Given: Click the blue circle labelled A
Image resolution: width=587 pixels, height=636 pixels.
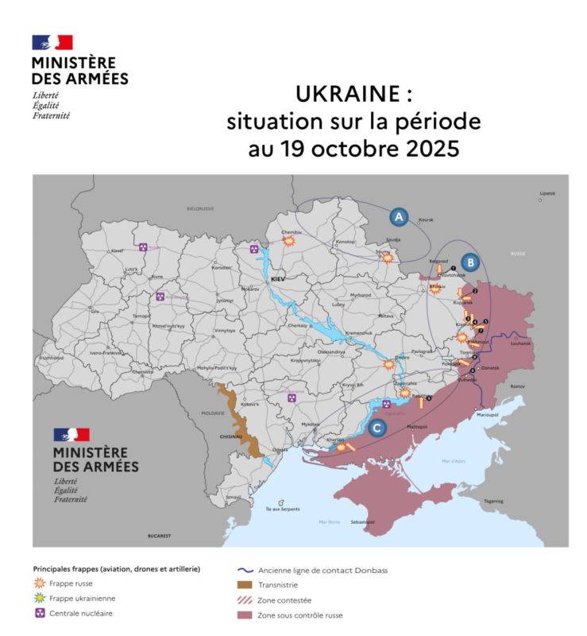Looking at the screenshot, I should [x=399, y=215].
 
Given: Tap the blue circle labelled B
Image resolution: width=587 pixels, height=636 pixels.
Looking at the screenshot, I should [x=470, y=261].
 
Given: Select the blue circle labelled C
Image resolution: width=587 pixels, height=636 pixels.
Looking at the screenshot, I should [x=378, y=429].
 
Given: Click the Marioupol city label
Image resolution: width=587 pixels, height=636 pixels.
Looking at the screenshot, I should [x=486, y=415].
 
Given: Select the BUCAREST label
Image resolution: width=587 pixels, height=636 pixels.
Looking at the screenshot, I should [x=159, y=537].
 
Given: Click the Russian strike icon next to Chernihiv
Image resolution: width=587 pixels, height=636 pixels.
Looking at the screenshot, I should [x=290, y=238].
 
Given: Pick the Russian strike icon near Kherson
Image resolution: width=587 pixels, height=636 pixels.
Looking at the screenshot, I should [x=342, y=448].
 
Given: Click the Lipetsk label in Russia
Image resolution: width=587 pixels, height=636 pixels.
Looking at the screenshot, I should [x=547, y=193].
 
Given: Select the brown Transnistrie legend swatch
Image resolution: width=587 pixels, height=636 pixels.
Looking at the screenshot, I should [x=245, y=584].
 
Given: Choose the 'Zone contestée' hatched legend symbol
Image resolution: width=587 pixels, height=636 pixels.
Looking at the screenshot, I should [x=245, y=599].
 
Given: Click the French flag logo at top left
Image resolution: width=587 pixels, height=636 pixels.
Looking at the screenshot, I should [x=52, y=43].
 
